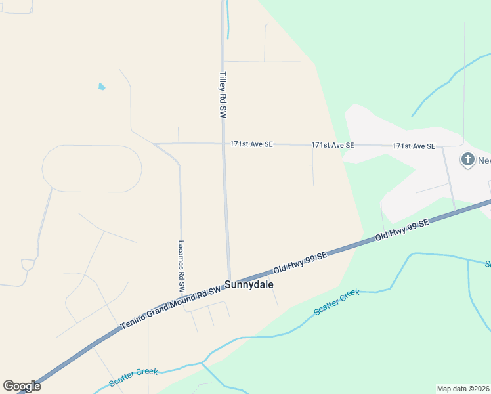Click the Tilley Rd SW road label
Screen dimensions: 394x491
tap(223, 95)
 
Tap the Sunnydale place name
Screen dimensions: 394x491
tap(248, 285)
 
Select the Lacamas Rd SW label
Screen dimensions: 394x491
tap(181, 265)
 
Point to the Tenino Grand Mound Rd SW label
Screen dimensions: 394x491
tap(172, 307)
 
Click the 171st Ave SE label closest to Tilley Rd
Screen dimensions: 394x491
tap(251, 144)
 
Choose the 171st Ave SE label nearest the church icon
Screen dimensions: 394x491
tap(414, 146)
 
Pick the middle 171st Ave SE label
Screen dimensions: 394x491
tap(332, 144)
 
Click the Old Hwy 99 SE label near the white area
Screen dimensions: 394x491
tap(401, 230)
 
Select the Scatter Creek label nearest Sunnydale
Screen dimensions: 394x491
tap(337, 302)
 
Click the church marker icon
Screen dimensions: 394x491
tap(467, 159)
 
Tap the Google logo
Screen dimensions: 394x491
tap(22, 386)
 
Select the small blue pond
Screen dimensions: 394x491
tap(101, 86)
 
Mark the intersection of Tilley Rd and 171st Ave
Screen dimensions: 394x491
tap(223, 144)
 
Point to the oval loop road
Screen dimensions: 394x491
tap(92, 169)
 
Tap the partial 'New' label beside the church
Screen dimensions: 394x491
tap(484, 160)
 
